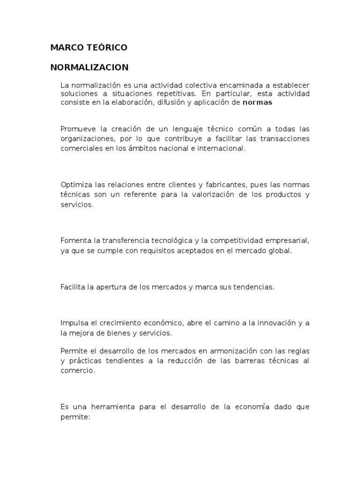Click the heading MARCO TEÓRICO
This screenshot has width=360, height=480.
tap(89, 48)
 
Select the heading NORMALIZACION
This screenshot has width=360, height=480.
tap(90, 67)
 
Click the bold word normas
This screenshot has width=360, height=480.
tap(257, 103)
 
